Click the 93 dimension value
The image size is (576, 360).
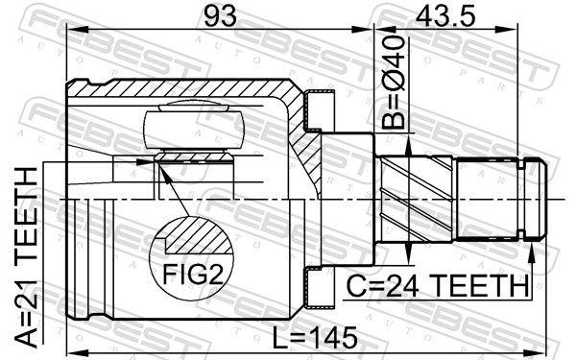pyautogui.click(x=220, y=16)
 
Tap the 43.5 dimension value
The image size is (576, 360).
pyautogui.click(x=445, y=16)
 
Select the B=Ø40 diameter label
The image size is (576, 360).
pyautogui.click(x=393, y=83)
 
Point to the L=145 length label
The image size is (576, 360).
pyautogui.click(x=315, y=338)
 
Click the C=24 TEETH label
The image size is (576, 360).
pyautogui.click(x=438, y=286)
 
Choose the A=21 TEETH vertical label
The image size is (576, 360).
pyautogui.click(x=27, y=257)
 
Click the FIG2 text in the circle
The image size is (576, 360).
pyautogui.click(x=193, y=274)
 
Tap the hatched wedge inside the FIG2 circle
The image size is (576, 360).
pyautogui.click(x=199, y=236)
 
